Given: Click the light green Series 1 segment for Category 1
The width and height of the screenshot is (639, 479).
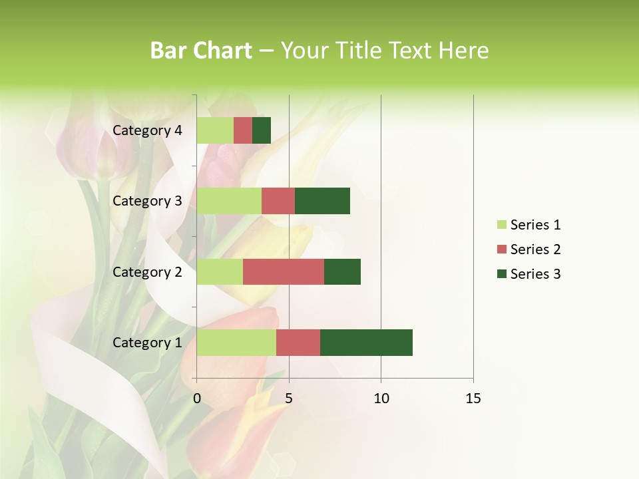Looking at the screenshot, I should point(236,342).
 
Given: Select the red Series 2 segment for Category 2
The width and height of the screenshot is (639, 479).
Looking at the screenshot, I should point(284,271).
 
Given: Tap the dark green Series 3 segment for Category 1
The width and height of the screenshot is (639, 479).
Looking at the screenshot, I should point(366,342).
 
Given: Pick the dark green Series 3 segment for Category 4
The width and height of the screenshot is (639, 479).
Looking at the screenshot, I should point(262,130).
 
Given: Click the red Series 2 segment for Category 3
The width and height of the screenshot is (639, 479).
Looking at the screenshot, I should point(278,201).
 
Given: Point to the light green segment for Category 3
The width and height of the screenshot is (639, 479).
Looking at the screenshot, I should point(229,201).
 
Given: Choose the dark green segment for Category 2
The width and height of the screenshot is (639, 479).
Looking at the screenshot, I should point(342,271).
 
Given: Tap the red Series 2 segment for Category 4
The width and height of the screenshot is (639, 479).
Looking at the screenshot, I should point(243,130).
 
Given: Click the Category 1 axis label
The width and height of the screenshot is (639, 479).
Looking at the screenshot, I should point(147,343).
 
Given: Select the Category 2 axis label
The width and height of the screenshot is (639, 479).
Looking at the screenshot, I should point(147,272).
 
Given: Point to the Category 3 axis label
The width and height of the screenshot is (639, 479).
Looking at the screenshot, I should point(147,201).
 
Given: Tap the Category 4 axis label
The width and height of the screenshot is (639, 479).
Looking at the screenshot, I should point(147,130).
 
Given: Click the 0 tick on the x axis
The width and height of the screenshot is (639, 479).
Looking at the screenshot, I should point(197,399).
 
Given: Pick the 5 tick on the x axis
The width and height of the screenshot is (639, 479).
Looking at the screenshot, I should point(289,399).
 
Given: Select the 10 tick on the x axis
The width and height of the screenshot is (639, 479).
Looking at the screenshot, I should point(381,399).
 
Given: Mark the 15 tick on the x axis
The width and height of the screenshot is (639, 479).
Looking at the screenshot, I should point(473,399).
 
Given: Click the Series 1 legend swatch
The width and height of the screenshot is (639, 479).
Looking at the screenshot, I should point(501,225).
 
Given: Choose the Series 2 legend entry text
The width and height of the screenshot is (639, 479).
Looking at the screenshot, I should point(535,249).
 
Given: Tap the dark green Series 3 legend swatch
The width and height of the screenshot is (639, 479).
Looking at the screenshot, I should point(501,274).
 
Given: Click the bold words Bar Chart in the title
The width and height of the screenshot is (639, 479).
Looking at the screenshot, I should point(201,51).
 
